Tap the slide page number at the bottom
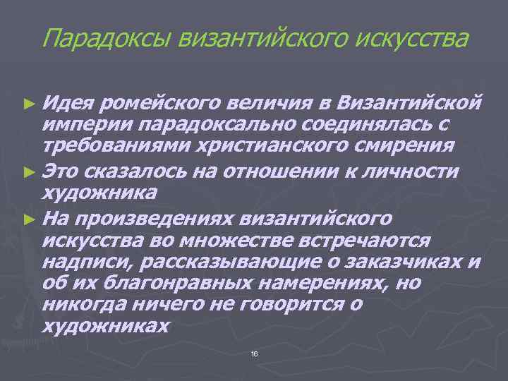[x=254, y=352]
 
